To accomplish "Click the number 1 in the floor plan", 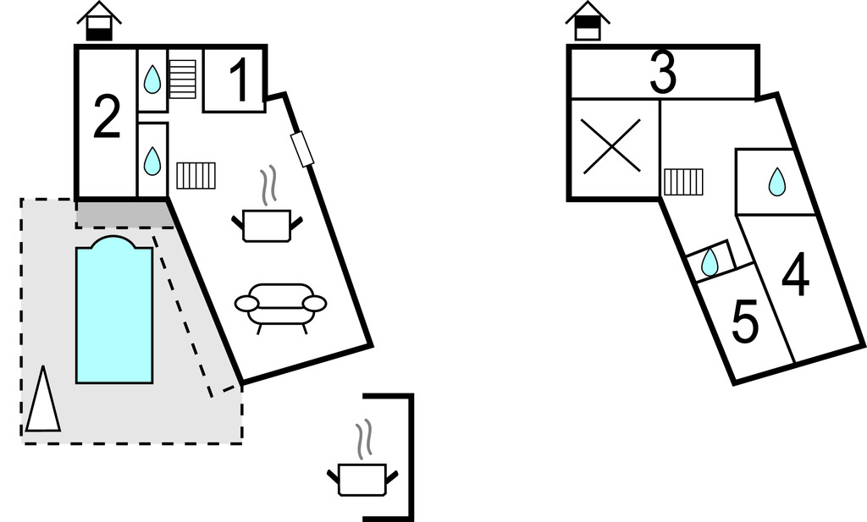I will [240, 83].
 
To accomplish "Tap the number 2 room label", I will [106, 118].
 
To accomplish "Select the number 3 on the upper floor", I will [663, 74].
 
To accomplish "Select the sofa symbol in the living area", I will [280, 305].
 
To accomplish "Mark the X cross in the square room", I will [611, 147].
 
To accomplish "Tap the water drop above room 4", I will [776, 182].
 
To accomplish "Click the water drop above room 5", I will [710, 262].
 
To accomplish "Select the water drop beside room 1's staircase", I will [152, 80].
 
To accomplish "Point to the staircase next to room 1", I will [182, 79].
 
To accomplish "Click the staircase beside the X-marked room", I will [683, 180].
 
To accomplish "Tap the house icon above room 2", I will [99, 21].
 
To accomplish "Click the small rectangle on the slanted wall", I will [302, 149].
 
